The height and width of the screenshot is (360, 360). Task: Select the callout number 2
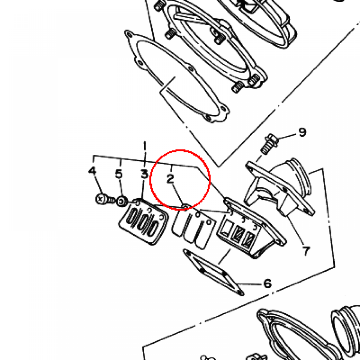[x=170, y=179]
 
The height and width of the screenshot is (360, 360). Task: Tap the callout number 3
[x=144, y=174]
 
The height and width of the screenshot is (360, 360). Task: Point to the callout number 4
[x=92, y=171]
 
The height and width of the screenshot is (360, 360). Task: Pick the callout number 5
[x=119, y=174]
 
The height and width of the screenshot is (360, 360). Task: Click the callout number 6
[x=268, y=284]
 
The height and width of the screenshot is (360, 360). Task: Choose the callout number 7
[x=306, y=251]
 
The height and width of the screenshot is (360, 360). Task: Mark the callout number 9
[x=302, y=132]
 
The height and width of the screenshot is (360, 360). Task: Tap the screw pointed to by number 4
[x=104, y=199]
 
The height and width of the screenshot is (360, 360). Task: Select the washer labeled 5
[x=122, y=201]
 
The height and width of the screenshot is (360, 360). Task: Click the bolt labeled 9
[x=269, y=144]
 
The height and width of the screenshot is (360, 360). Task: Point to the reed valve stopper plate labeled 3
[x=144, y=221]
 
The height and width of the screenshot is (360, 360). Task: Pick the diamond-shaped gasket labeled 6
[x=213, y=272]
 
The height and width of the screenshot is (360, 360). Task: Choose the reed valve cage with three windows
[x=251, y=227]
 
